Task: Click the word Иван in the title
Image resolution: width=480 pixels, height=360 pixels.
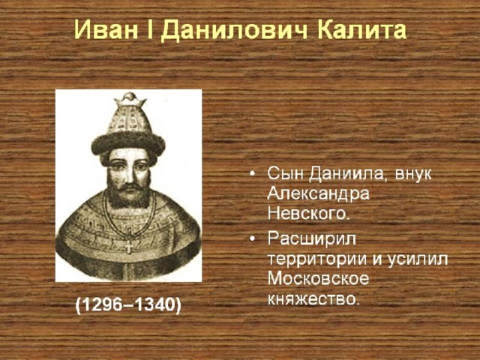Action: tap(106, 30)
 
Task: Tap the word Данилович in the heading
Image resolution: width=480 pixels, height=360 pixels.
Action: tap(233, 30)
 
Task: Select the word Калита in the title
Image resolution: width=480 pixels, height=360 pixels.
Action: tap(361, 30)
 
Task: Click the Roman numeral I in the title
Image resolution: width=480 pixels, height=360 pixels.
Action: tap(150, 30)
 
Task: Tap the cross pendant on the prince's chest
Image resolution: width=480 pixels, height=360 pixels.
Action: tap(129, 246)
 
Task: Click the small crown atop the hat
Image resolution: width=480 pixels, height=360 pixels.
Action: tap(130, 99)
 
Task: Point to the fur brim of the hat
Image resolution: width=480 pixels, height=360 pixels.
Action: tap(128, 143)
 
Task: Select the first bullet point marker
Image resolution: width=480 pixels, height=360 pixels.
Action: tap(252, 174)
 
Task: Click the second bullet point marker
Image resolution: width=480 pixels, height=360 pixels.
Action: tap(252, 239)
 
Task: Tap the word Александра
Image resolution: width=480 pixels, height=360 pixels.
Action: tap(318, 195)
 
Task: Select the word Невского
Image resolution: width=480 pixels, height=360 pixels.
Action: tap(308, 214)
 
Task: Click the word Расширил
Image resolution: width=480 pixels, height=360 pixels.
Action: tap(312, 239)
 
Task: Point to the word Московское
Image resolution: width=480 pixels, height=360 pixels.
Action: tap(318, 279)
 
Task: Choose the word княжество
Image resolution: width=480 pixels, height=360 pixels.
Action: tap(313, 298)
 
